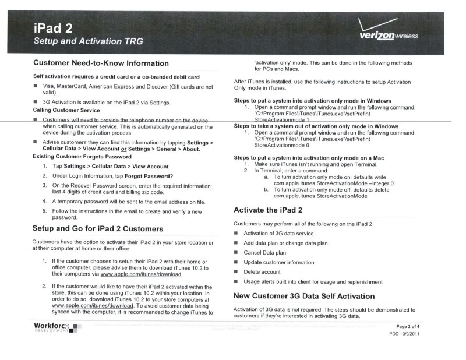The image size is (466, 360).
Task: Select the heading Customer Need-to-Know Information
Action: pos(101,63)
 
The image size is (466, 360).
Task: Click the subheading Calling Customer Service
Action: pos(66,110)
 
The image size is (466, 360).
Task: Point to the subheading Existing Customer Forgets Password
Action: pos(82,157)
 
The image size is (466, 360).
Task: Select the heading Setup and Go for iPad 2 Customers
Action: pos(98,228)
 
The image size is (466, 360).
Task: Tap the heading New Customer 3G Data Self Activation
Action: pos(304,296)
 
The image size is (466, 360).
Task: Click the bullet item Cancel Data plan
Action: pos(264,253)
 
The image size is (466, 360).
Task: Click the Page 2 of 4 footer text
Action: pos(412,326)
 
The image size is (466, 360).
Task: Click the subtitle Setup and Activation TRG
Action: pos(88,41)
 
